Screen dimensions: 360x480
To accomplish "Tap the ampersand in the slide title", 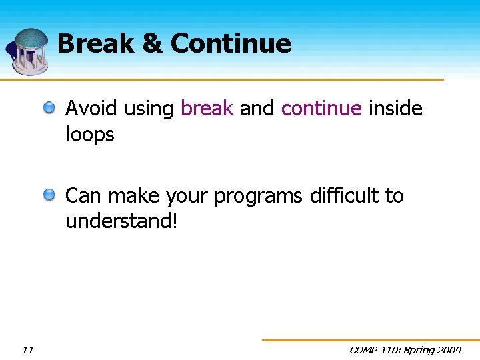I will [x=152, y=44].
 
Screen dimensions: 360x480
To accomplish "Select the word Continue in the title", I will [x=231, y=44].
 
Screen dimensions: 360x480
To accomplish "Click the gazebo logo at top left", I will [x=29, y=50].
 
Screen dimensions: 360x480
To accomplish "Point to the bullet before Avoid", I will [x=51, y=108].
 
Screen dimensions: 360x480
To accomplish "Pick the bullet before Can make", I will [x=51, y=195].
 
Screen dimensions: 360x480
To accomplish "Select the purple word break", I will [x=207, y=108].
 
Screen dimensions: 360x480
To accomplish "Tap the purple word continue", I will [x=321, y=108].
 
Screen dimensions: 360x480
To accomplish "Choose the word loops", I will [x=90, y=135].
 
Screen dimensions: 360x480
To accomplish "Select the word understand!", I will [x=121, y=221].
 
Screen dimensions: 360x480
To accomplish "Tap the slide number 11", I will [x=27, y=349].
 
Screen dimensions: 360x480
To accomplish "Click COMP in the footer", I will [x=364, y=349].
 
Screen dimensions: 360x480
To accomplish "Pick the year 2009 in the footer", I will [x=450, y=349].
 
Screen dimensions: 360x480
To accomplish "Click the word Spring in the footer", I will [x=417, y=349].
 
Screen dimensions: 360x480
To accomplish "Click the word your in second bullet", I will [x=187, y=197].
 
